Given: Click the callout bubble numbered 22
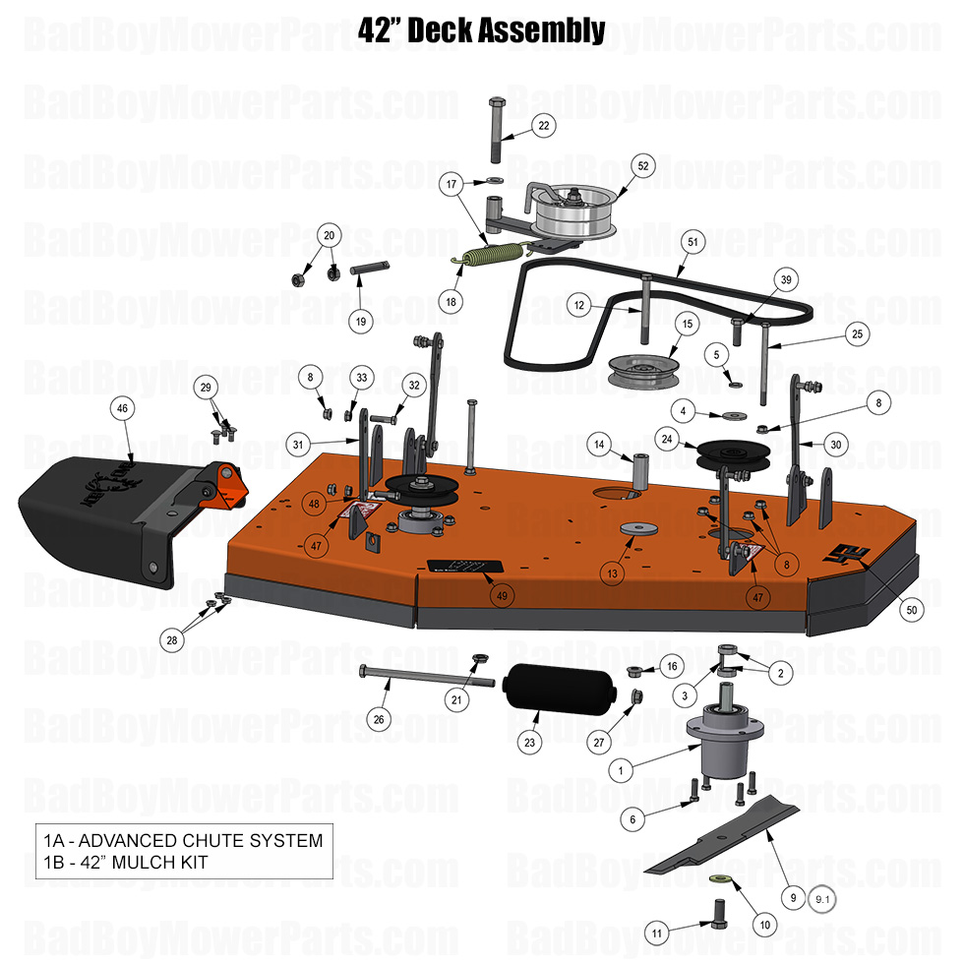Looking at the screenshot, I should tap(543, 125).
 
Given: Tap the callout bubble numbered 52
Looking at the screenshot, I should tap(642, 166).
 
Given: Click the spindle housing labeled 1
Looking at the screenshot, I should tap(720, 744).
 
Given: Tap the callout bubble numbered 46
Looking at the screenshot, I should tap(123, 407).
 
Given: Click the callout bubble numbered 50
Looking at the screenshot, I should tap(911, 610).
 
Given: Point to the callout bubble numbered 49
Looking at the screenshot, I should tap(502, 595).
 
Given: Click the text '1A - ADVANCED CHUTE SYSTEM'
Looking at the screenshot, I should tap(183, 840).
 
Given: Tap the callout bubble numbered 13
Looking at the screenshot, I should tap(613, 572).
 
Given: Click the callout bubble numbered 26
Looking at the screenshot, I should tap(379, 719).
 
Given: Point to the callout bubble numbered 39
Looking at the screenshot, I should tap(785, 279).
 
